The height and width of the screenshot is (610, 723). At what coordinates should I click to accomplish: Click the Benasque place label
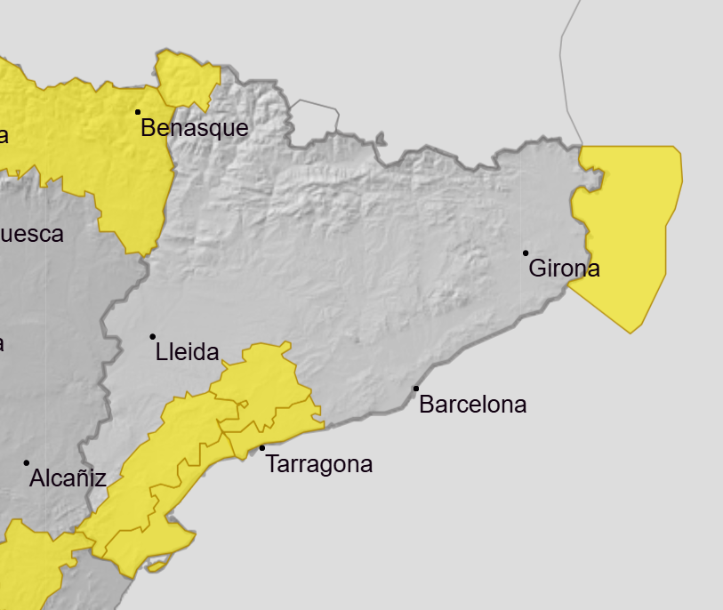pyautogui.click(x=195, y=128)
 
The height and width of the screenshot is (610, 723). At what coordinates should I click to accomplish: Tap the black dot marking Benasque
pyautogui.click(x=138, y=112)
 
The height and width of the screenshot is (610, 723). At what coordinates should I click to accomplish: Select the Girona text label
pyautogui.click(x=564, y=269)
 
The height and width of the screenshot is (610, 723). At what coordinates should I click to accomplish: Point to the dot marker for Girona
pyautogui.click(x=526, y=253)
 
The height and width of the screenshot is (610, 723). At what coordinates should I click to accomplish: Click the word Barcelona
pyautogui.click(x=472, y=405)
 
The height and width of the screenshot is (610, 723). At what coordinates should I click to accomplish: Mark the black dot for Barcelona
pyautogui.click(x=415, y=389)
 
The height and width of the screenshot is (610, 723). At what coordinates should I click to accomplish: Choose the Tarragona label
pyautogui.click(x=319, y=464)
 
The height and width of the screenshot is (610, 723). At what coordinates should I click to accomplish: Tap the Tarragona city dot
pyautogui.click(x=262, y=448)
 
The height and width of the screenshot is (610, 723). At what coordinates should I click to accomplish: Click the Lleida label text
pyautogui.click(x=187, y=352)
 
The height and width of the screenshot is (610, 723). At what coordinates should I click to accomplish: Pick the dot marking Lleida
pyautogui.click(x=153, y=336)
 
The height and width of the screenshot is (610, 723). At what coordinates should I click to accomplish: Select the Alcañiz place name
pyautogui.click(x=68, y=479)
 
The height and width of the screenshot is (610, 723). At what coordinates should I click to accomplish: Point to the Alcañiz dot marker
pyautogui.click(x=27, y=462)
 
